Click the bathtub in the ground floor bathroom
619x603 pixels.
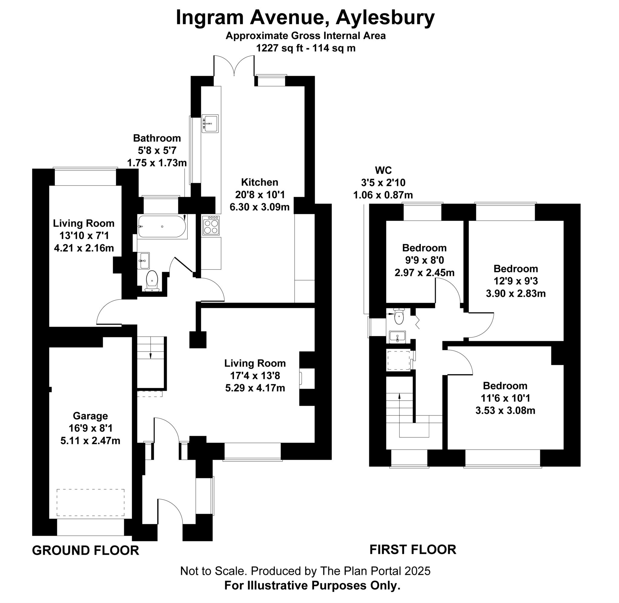click(x=162, y=226)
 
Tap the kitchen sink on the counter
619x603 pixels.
click(x=210, y=123)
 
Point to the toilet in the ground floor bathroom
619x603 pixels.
click(x=152, y=280)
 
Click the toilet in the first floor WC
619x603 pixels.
click(x=399, y=317)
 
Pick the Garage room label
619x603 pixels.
click(x=90, y=416)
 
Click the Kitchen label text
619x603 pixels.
click(x=260, y=182)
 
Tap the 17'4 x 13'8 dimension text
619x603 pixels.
click(x=255, y=376)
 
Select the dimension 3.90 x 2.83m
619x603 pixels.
click(x=516, y=294)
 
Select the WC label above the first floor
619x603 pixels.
click(x=383, y=170)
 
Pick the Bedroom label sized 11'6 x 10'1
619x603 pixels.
click(x=505, y=386)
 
